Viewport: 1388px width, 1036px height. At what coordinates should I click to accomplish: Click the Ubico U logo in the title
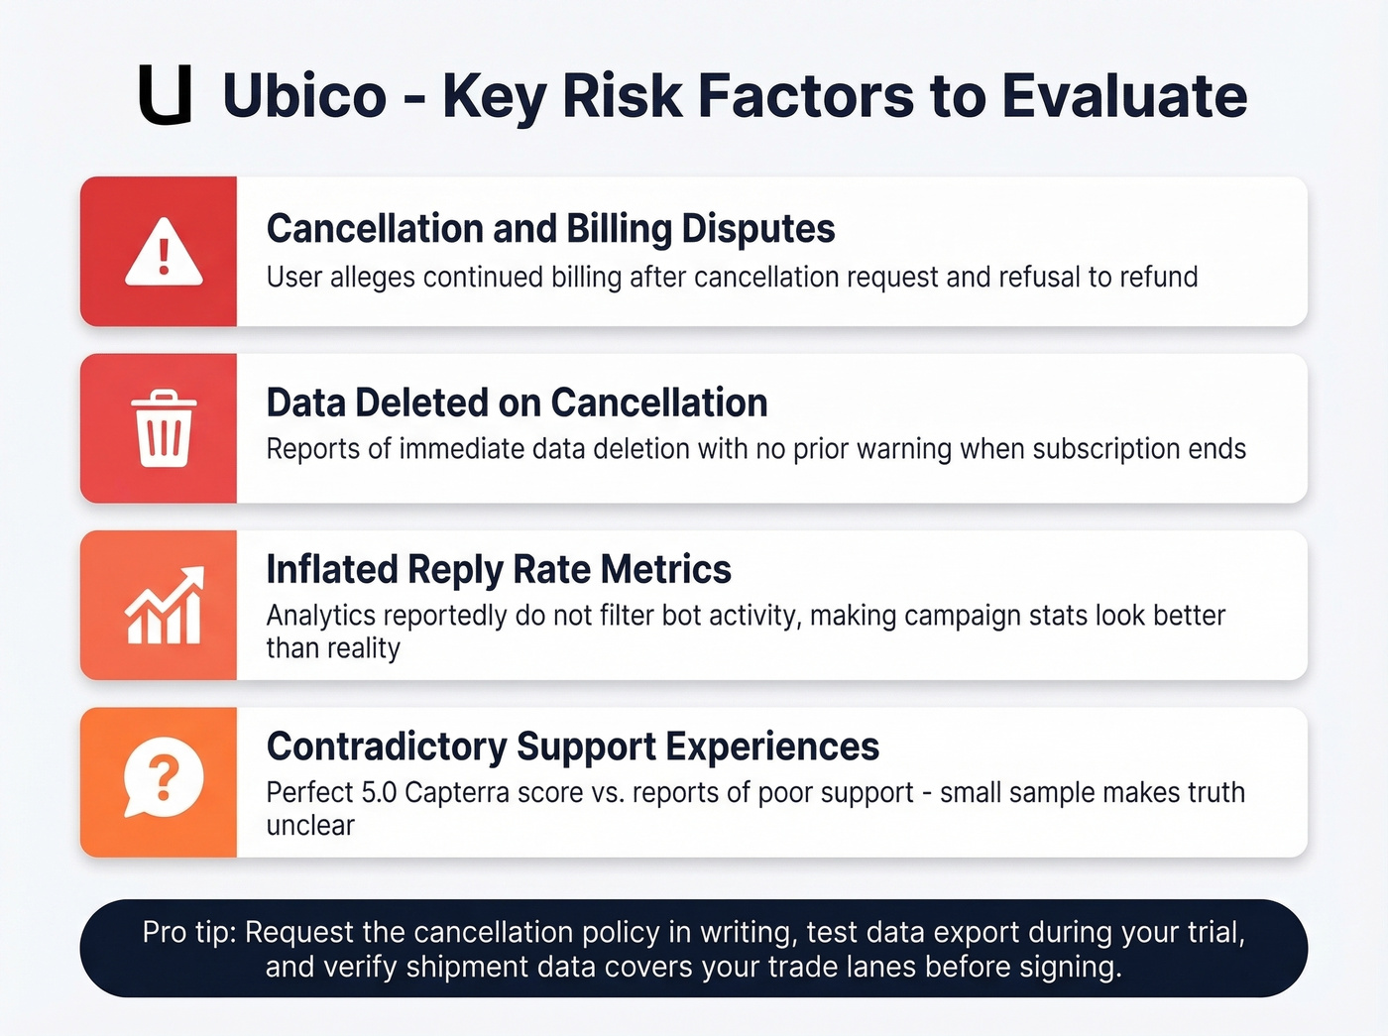165,96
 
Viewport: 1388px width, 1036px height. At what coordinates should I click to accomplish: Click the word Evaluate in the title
1124,96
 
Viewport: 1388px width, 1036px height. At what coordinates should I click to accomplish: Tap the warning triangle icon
164,253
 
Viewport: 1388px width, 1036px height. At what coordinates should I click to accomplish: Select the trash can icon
164,428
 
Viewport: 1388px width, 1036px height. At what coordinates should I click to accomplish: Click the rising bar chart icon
164,606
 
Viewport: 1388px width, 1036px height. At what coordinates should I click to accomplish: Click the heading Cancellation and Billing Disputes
550,229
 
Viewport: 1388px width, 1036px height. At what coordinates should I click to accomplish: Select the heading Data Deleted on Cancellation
517,403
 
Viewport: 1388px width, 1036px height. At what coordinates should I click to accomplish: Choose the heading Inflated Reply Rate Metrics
499,570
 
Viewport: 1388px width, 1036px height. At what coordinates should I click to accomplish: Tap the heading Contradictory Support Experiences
572,747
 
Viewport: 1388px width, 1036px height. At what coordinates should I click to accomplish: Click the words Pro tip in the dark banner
188,933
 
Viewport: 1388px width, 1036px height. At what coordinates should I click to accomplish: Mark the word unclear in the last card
310,826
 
